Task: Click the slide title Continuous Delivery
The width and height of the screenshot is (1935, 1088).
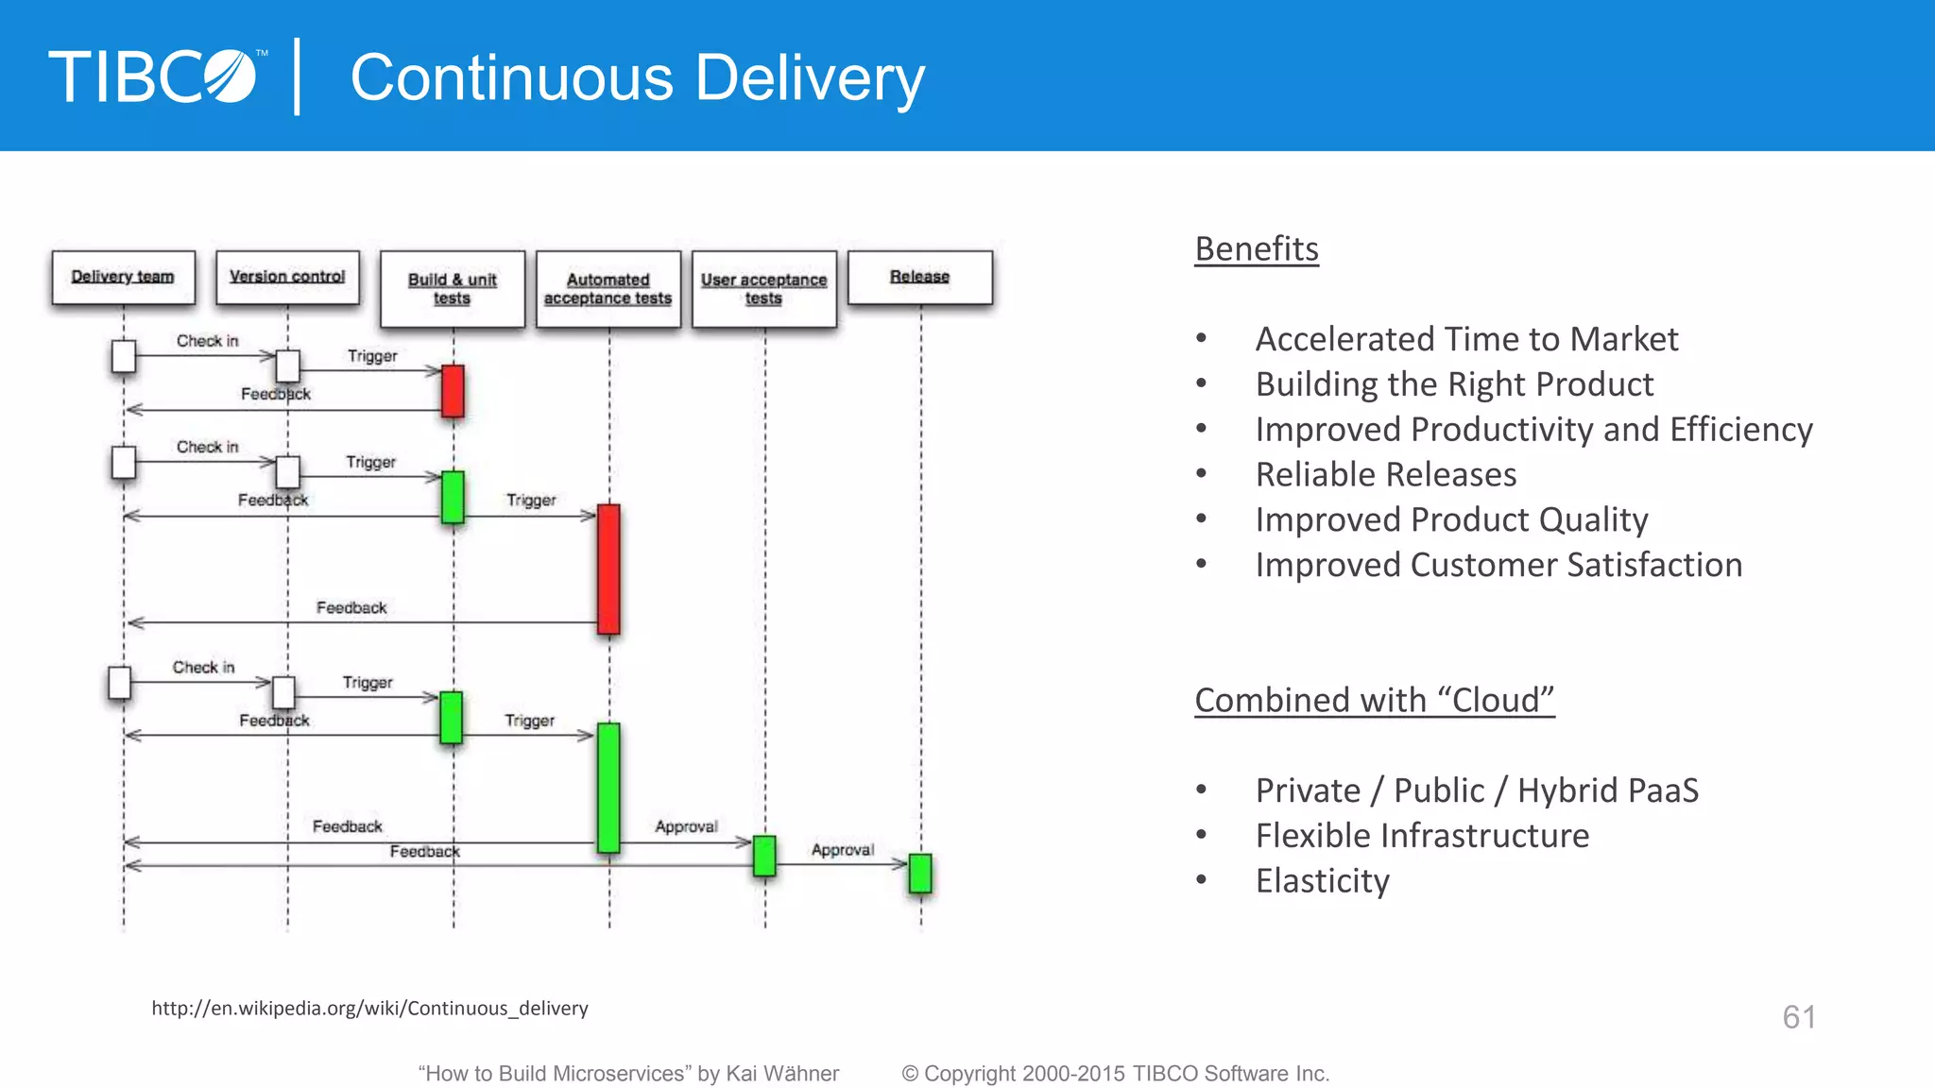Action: [637, 77]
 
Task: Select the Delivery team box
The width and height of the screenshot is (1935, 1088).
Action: [124, 278]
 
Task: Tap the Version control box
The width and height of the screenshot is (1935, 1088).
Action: [287, 278]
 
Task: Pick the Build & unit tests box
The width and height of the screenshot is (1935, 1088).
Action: [453, 289]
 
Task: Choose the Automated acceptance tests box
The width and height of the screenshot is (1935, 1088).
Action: [608, 289]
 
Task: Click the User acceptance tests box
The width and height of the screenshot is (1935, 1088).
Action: [764, 289]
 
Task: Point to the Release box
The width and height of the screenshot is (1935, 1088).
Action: [920, 278]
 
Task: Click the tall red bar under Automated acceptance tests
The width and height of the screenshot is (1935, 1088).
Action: [609, 569]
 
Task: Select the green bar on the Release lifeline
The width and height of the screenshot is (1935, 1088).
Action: [920, 874]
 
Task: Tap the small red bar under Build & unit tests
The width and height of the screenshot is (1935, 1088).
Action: [454, 391]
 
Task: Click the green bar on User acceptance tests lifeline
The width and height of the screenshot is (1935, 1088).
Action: [764, 856]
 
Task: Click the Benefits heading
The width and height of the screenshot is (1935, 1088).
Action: [1257, 249]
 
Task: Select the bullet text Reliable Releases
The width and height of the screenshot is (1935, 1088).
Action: [1385, 474]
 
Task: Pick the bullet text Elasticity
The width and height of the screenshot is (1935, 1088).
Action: [1322, 881]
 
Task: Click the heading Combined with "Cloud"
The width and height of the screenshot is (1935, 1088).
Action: [1374, 701]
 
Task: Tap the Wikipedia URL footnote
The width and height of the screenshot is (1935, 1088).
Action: [369, 1009]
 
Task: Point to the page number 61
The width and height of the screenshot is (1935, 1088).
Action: [1799, 1017]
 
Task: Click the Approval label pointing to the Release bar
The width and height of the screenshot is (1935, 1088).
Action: [842, 850]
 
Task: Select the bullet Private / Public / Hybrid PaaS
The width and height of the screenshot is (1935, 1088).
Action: [1476, 790]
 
